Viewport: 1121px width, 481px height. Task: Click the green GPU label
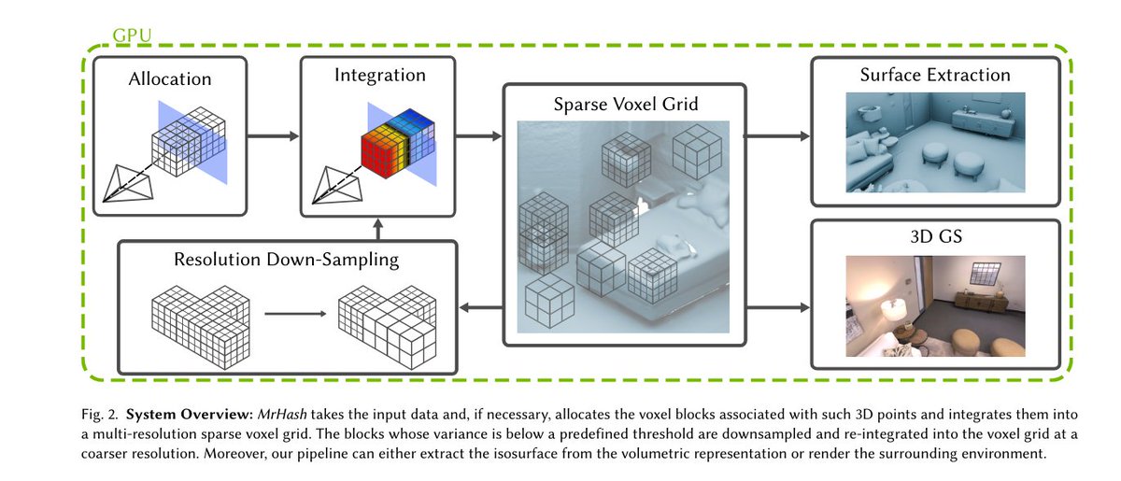(132, 35)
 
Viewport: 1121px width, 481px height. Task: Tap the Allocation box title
(170, 79)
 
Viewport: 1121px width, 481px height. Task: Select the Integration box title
(380, 75)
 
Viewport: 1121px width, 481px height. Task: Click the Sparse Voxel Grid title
(626, 104)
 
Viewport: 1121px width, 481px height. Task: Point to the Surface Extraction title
(935, 75)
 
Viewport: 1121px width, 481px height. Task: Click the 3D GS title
(936, 236)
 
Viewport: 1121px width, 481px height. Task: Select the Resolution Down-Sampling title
(286, 260)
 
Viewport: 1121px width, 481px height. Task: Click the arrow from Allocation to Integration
(273, 135)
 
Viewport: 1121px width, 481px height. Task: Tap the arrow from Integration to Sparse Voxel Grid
(478, 135)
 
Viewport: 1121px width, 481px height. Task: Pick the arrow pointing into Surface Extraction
(777, 135)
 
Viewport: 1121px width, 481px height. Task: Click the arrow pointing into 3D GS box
(777, 307)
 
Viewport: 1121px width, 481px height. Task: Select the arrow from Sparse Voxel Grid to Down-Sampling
(481, 307)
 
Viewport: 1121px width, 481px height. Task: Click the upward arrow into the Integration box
(378, 229)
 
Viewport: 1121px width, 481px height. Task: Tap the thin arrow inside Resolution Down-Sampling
(295, 314)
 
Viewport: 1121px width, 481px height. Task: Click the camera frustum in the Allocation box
(128, 184)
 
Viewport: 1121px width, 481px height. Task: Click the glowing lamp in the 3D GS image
(894, 310)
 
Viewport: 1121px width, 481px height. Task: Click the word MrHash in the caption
(282, 415)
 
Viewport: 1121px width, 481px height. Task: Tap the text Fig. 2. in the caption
(100, 415)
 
